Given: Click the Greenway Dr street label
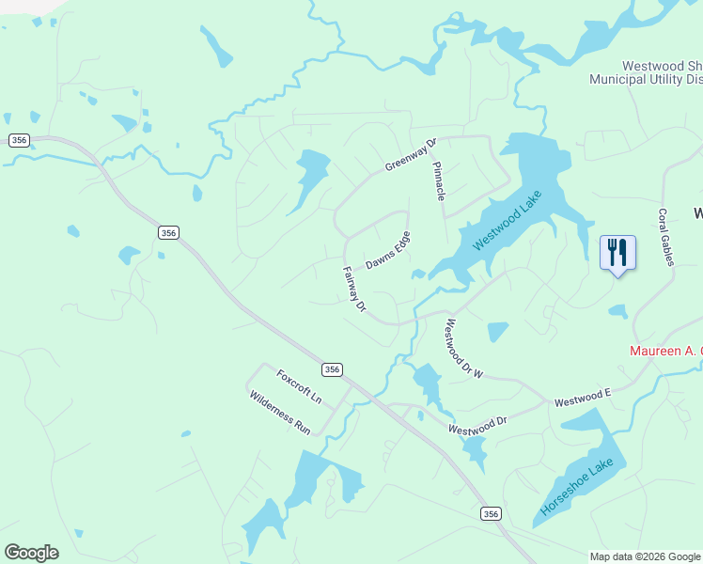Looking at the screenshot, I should [x=412, y=155].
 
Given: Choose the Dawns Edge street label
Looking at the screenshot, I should [x=388, y=250].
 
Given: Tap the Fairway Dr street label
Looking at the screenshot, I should [x=353, y=288].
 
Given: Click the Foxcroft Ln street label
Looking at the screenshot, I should [x=299, y=386].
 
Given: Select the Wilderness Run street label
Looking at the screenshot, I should [x=280, y=412].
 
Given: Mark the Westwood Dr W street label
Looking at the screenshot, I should [x=463, y=349].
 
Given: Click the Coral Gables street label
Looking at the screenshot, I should [x=666, y=237].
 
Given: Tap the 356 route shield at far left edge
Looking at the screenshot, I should [x=19, y=140].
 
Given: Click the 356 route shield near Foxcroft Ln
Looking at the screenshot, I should [x=332, y=369].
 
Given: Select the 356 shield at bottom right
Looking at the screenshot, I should [x=491, y=513].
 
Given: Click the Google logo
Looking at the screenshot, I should [x=31, y=553].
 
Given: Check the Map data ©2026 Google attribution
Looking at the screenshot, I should [x=646, y=556].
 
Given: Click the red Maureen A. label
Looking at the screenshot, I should [x=664, y=351].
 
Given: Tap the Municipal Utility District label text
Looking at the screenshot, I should [x=645, y=79].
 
